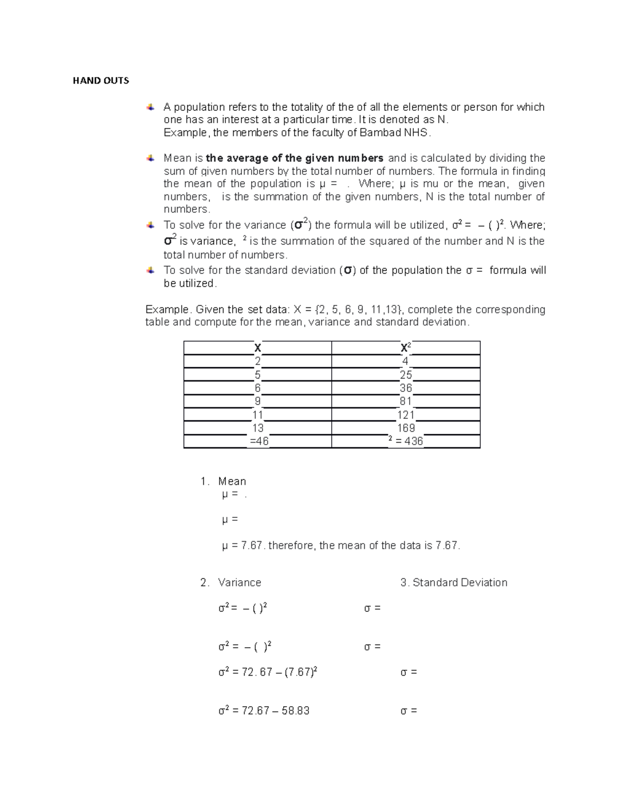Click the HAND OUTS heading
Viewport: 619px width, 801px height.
click(101, 80)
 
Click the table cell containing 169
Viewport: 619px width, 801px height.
click(406, 428)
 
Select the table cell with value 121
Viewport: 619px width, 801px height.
click(406, 415)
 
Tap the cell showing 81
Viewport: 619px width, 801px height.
click(406, 401)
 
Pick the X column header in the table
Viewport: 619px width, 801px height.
click(257, 348)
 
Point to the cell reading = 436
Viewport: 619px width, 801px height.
click(405, 441)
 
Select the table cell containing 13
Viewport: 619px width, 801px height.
click(258, 428)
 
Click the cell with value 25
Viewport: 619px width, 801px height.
click(406, 375)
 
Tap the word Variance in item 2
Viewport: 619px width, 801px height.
click(239, 582)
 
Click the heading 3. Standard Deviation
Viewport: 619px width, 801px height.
click(454, 582)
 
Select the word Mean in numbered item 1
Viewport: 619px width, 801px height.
click(232, 481)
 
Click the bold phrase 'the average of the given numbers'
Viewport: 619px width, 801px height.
click(295, 158)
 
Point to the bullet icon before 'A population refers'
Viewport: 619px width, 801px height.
click(150, 107)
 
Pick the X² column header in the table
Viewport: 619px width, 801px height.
click(405, 348)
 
